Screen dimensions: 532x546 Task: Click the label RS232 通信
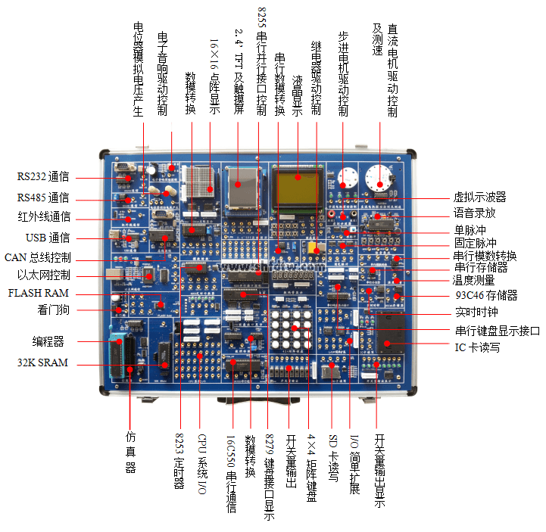44,177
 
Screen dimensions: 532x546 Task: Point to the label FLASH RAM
39,293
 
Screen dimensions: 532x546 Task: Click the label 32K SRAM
43,363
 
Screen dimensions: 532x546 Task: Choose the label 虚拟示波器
479,197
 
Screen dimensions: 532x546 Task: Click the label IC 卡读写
477,348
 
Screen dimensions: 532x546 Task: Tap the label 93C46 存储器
485,295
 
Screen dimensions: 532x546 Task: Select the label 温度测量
474,282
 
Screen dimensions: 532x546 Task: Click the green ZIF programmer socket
120,349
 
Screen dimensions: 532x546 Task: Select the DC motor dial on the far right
378,177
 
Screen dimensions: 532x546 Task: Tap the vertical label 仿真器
131,452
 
